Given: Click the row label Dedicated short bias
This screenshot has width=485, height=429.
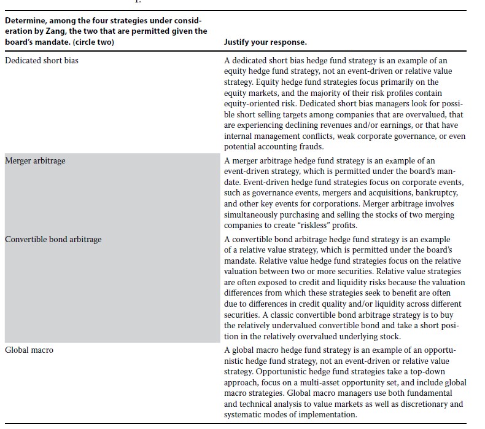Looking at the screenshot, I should (x=42, y=60).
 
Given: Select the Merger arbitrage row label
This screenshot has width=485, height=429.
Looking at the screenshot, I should (x=35, y=160).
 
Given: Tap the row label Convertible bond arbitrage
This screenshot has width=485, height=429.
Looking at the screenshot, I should (x=53, y=239).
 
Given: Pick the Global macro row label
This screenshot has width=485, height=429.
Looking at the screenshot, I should (x=29, y=350).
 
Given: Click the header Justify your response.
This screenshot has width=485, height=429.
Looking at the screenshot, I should (x=266, y=42).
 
